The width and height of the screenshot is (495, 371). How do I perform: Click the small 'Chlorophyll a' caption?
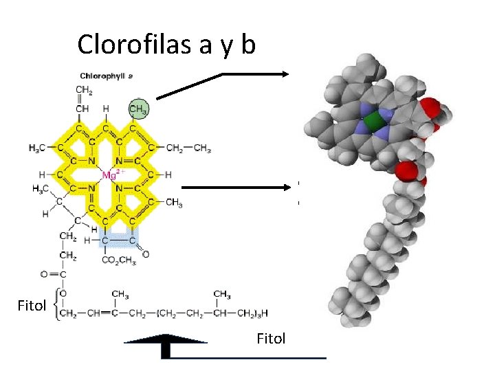pyautogui.click(x=107, y=76)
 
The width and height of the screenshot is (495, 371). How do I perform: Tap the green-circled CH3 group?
pyautogui.click(x=140, y=109)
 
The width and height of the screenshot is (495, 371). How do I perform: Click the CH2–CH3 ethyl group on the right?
pyautogui.click(x=188, y=148)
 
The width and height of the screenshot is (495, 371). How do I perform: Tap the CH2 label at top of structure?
pyautogui.click(x=84, y=90)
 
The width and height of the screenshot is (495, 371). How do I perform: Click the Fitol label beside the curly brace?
pyautogui.click(x=31, y=304)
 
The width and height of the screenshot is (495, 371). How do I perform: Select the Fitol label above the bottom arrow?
pyautogui.click(x=270, y=338)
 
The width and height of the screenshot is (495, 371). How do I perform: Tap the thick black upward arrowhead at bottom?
pyautogui.click(x=165, y=340)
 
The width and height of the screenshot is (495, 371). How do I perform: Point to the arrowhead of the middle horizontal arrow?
pyautogui.click(x=283, y=186)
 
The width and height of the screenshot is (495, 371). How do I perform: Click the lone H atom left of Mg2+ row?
pyautogui.click(x=43, y=175)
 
